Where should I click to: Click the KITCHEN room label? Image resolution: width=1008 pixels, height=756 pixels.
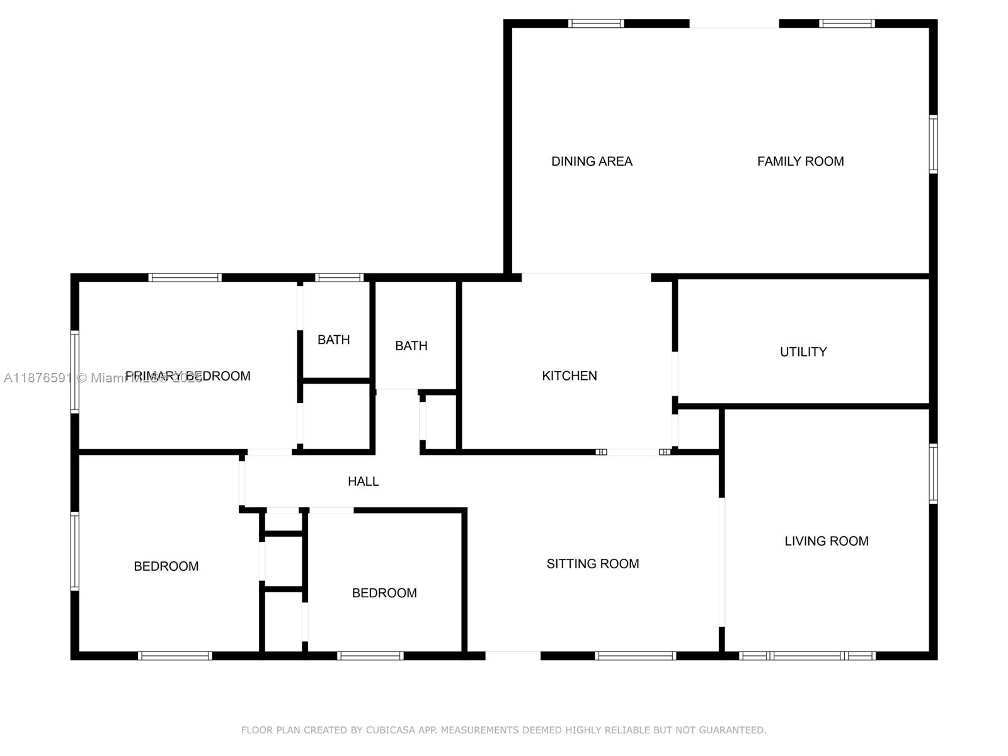pos(569,376)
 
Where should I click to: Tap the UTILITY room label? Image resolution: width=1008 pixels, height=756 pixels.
pos(803,352)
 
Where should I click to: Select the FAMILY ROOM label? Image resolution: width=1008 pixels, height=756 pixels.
pos(800,162)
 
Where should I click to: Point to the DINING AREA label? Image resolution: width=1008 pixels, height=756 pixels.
pos(592,162)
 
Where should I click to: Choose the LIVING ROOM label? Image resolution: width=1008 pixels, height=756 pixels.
pos(826,541)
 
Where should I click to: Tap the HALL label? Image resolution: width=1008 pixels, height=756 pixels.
pos(363,482)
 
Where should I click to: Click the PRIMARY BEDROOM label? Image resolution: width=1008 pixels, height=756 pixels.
pos(188,377)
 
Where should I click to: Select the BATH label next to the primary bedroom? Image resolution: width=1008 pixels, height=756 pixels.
pos(333,340)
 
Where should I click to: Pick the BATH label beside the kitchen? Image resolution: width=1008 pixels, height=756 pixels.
pos(411,346)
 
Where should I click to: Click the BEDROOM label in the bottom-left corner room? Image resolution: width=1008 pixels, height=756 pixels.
pos(166,566)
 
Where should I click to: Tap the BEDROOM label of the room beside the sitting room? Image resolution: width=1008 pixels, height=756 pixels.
pos(384,593)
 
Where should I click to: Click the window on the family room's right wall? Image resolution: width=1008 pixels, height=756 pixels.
pos(933,144)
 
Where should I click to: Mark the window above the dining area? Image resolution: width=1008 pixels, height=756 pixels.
pos(595,24)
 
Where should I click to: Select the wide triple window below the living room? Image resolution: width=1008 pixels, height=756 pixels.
pos(807,656)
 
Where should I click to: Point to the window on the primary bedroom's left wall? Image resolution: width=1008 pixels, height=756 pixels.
pos(75,372)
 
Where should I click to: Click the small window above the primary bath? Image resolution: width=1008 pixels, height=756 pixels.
pos(339,278)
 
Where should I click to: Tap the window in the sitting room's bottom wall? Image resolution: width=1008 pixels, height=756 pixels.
pos(635,656)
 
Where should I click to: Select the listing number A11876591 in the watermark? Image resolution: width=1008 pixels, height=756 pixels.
pos(38,378)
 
